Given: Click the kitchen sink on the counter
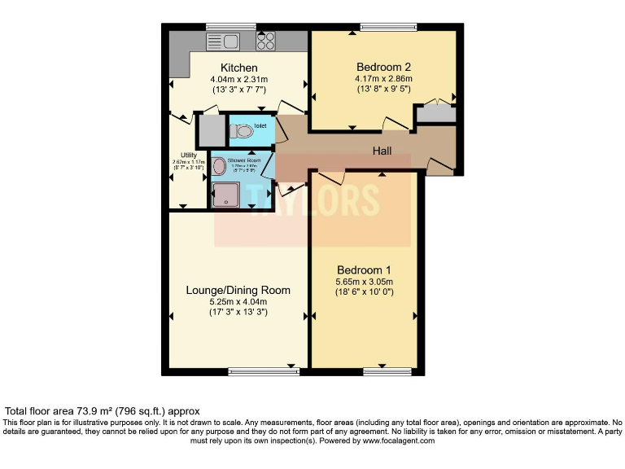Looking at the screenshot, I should [221, 41].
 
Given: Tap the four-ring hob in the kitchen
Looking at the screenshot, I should [266, 41].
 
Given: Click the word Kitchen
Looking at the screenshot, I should [238, 67].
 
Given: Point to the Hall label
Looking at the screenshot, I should [382, 151].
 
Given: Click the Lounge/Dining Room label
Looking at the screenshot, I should [238, 290].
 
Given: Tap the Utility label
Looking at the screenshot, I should [189, 154].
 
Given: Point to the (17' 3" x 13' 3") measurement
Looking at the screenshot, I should [238, 312].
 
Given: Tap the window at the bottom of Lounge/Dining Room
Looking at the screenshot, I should [264, 372].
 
